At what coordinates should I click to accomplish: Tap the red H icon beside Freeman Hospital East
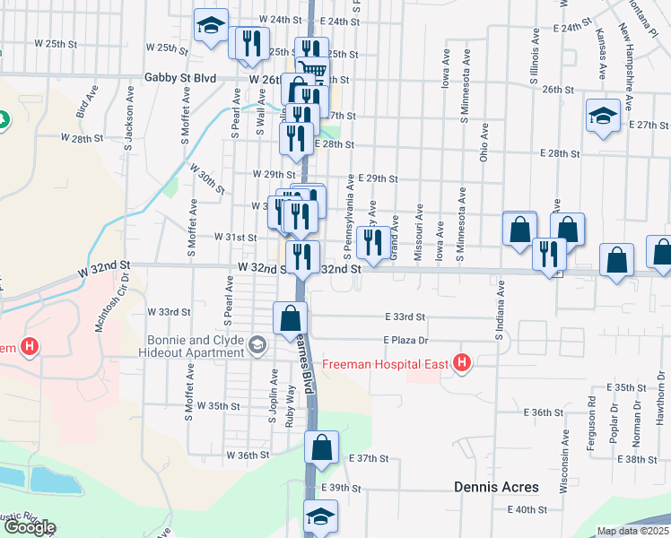tap(462, 363)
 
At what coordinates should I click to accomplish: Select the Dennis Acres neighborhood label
tap(495, 487)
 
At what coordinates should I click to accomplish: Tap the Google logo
tap(29, 527)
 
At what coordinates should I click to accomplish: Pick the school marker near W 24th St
tap(211, 25)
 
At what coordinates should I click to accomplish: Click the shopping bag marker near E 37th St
tap(322, 447)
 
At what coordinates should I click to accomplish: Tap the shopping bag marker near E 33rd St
tap(291, 318)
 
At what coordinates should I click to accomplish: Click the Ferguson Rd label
tap(592, 414)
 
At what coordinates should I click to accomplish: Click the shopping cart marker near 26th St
tap(312, 69)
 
